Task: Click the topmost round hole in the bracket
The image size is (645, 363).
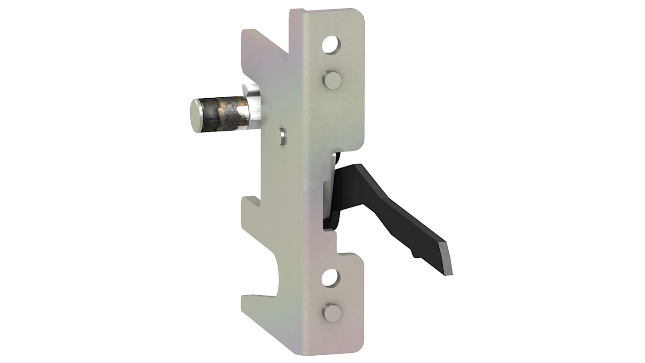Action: coord(331,45)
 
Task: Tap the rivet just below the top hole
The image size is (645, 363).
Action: coord(333,80)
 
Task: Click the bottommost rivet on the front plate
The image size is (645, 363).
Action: coord(332,312)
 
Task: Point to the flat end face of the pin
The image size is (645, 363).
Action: coord(198,116)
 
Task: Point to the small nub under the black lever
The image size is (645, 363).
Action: coord(414,253)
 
